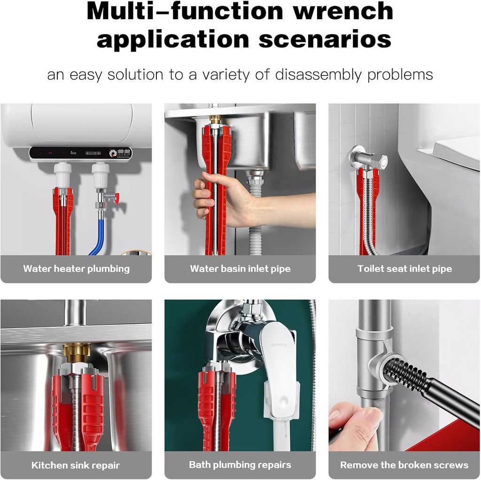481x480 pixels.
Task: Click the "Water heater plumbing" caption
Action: (x=76, y=269)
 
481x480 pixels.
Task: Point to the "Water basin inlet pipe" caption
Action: (x=240, y=269)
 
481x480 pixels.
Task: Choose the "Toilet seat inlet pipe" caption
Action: (x=404, y=269)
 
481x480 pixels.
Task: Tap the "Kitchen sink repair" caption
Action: (x=76, y=465)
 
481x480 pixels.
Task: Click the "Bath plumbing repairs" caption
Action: (x=240, y=465)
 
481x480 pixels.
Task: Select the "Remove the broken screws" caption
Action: (x=404, y=465)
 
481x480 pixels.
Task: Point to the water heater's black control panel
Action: (x=80, y=153)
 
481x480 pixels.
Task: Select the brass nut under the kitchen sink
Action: (x=77, y=353)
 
